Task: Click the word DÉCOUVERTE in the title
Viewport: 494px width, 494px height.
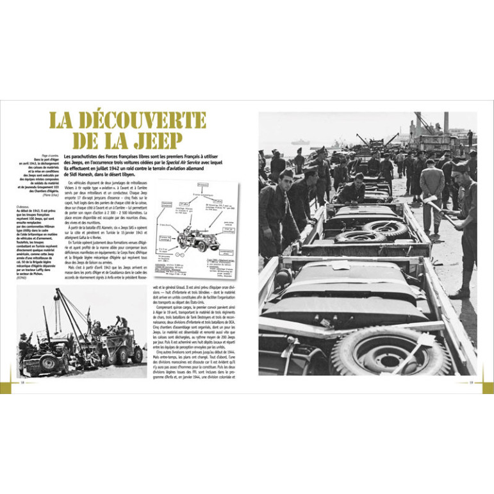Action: coord(145,122)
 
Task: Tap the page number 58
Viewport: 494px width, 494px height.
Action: coord(22,384)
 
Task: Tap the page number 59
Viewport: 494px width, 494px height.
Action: coord(472,384)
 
